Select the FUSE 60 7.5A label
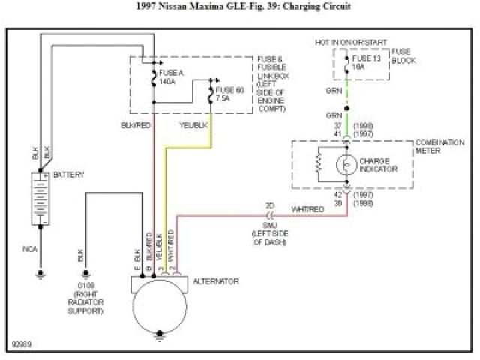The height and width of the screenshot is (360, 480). [x=228, y=93]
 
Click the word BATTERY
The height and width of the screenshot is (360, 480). [x=69, y=175]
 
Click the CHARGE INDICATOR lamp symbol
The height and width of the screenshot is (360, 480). [x=346, y=164]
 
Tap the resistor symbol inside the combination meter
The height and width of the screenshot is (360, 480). [x=320, y=163]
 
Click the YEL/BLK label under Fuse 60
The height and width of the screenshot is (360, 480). [x=195, y=124]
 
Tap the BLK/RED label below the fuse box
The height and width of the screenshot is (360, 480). [x=135, y=124]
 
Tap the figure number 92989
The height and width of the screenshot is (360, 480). [x=22, y=346]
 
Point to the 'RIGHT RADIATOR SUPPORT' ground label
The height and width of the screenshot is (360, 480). [x=85, y=302]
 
